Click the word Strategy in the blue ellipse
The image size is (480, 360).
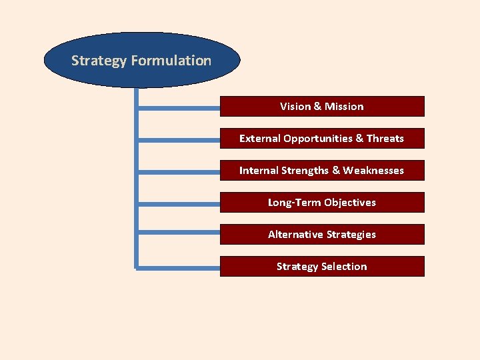click(99, 61)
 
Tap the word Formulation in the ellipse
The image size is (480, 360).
click(171, 61)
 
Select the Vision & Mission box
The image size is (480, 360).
click(322, 107)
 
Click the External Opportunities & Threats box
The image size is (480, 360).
click(322, 139)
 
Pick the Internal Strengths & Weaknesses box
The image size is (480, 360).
click(322, 171)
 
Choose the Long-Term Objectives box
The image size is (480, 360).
click(322, 203)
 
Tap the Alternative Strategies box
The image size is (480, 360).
click(322, 235)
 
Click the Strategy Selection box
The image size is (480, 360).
click(322, 267)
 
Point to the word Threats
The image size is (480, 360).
click(385, 139)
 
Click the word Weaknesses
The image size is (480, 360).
click(373, 171)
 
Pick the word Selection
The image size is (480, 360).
click(344, 267)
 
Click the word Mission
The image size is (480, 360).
click(344, 107)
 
